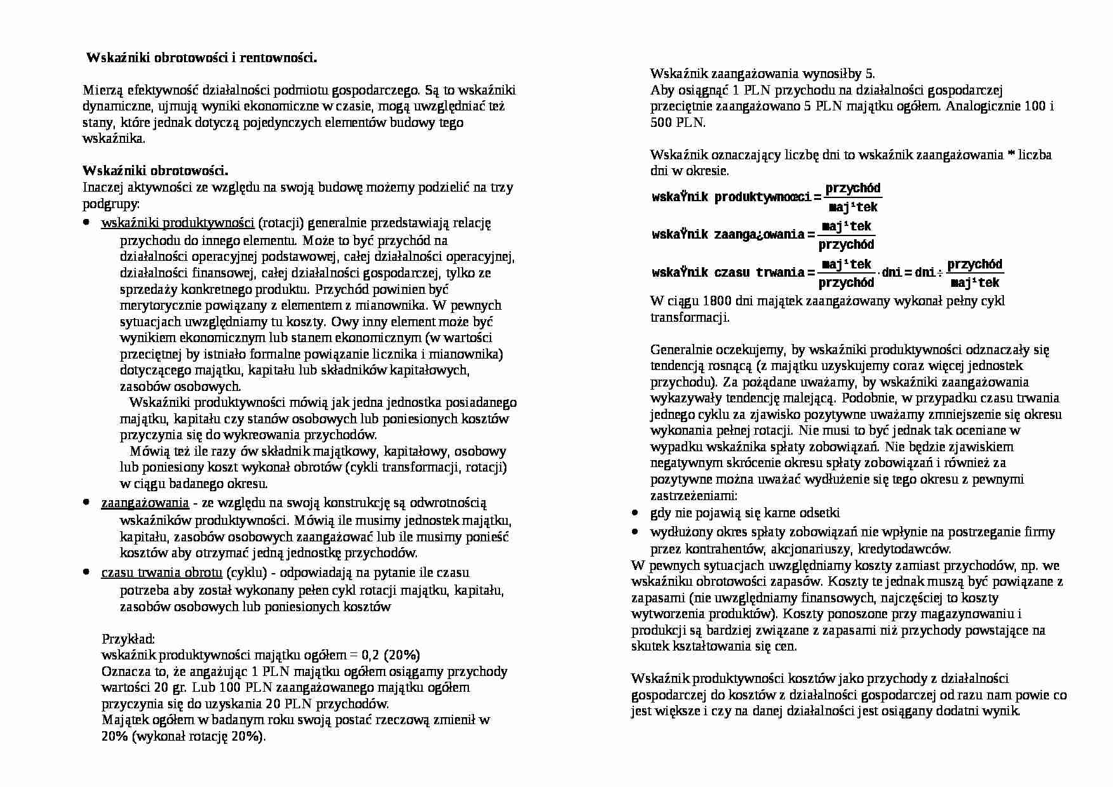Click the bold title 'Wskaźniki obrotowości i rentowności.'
pos(201,58)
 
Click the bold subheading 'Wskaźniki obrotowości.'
pos(155,171)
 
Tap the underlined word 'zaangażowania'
pos(145,503)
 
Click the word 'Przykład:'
pos(128,638)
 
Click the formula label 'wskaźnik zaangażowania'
pos(728,235)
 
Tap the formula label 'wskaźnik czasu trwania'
pos(728,273)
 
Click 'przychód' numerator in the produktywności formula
pos(853,188)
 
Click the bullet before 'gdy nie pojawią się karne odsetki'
pos(636,513)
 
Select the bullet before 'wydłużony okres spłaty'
pos(636,532)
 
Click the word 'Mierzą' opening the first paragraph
pos(103,90)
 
